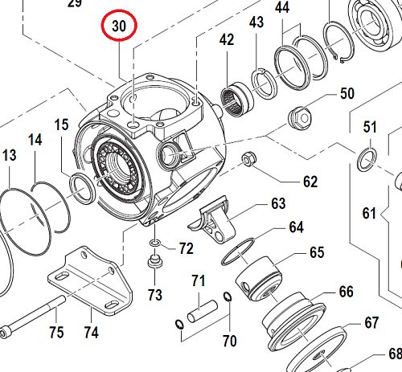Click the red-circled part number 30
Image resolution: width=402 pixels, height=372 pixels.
tap(119, 27)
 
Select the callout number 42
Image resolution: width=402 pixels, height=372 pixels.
tap(227, 40)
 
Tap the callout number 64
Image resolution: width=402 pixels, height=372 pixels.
tap(297, 227)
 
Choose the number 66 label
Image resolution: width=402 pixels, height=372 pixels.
tap(346, 291)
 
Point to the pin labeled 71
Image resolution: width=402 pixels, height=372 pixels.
tap(204, 308)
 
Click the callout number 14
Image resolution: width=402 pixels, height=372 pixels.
tap(35, 139)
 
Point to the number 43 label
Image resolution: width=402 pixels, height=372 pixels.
tap(256, 23)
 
